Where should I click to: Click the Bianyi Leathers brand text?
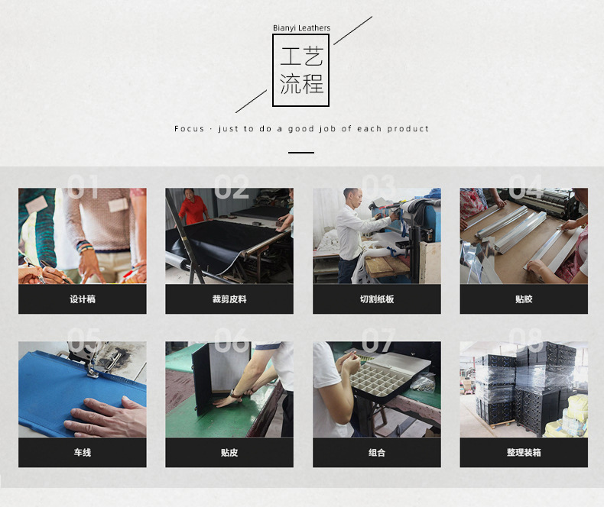(x=301, y=28)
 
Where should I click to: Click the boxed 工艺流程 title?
(x=301, y=70)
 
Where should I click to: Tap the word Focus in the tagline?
(x=189, y=129)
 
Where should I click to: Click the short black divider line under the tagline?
(x=301, y=153)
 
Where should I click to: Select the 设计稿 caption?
(x=82, y=299)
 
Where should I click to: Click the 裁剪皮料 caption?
(x=229, y=299)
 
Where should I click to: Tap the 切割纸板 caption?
(x=376, y=299)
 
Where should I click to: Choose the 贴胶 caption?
(x=523, y=299)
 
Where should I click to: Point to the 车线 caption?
(x=82, y=453)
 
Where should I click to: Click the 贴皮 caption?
(x=229, y=453)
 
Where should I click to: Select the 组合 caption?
(x=376, y=453)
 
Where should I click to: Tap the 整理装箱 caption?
(x=523, y=453)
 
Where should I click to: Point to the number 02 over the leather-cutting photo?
(x=231, y=188)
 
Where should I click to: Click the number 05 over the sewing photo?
(x=84, y=341)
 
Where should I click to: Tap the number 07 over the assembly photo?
(x=378, y=341)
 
